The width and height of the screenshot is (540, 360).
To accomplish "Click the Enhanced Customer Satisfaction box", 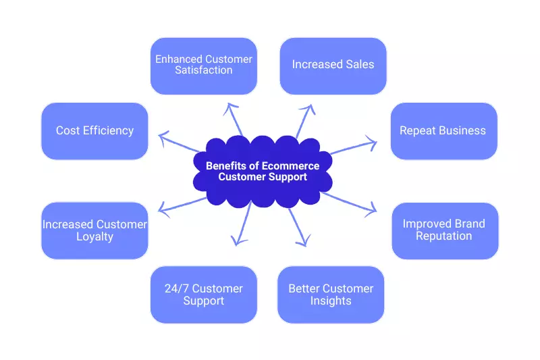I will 203,66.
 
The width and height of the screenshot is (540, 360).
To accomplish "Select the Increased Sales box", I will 333,66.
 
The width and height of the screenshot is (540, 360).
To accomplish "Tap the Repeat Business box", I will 443,131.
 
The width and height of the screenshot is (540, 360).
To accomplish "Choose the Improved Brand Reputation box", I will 444,230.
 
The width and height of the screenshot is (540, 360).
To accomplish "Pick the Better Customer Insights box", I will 331,294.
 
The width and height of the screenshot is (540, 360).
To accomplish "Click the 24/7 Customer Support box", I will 203,294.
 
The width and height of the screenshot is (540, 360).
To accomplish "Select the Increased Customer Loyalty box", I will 94,230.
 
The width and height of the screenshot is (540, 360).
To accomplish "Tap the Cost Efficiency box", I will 94,131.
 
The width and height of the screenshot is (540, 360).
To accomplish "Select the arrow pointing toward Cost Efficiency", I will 180,143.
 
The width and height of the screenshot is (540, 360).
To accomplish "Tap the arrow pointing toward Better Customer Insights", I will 298,226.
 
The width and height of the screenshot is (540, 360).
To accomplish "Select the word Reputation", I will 444,236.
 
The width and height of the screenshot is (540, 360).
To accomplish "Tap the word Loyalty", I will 94,236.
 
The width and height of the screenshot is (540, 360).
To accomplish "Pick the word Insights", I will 331,301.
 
